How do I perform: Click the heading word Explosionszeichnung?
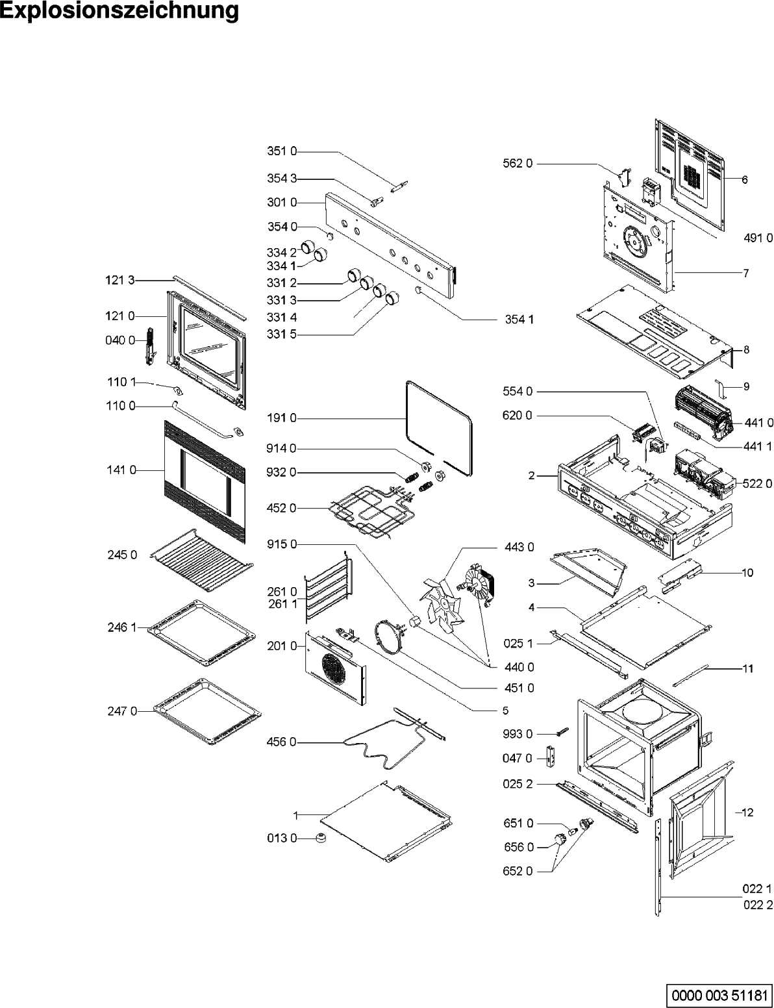(x=119, y=12)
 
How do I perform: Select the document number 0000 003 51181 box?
(x=718, y=994)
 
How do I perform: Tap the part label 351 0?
(x=281, y=151)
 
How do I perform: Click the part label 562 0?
(x=518, y=164)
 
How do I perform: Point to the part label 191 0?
(x=281, y=418)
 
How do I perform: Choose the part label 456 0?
(x=281, y=742)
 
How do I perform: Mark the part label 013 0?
(x=281, y=838)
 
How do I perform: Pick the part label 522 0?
(x=757, y=483)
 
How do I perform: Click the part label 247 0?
(x=122, y=711)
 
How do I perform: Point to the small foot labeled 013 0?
(x=320, y=838)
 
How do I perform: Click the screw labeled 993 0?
(x=560, y=731)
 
